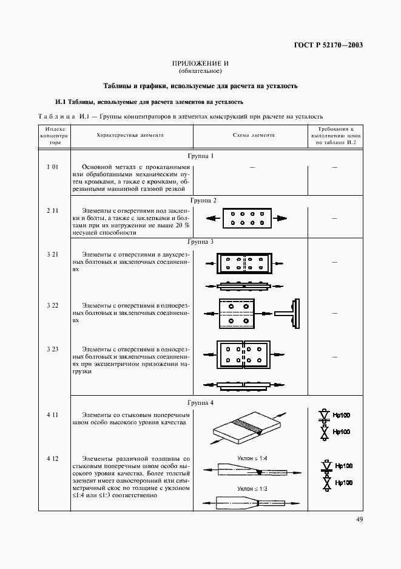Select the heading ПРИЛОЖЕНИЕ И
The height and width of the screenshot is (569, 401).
pos(200,64)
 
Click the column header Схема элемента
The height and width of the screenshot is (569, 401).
pos(253,136)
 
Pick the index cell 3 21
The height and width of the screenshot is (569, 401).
pos(52,253)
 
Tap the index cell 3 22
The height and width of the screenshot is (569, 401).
pos(52,305)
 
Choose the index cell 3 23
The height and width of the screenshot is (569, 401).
pos(52,349)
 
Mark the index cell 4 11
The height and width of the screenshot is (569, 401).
pos(52,414)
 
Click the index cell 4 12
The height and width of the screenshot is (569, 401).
pos(52,457)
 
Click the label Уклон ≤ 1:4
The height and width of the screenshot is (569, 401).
pos(252,457)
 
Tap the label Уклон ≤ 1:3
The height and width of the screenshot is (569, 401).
pos(252,488)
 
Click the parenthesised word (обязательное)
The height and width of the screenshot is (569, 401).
pos(200,72)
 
